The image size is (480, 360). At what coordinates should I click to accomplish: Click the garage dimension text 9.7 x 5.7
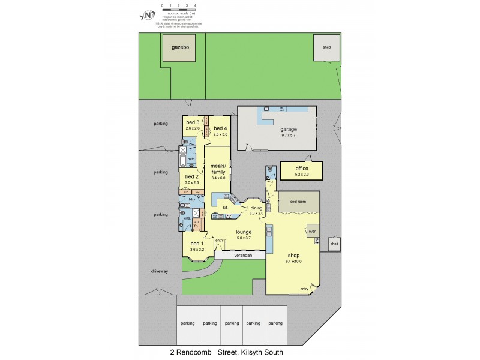tap(289, 135)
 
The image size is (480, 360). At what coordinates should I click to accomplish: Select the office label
tap(301, 169)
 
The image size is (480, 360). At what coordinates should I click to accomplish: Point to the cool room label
tap(298, 202)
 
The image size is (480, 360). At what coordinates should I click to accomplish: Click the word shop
tap(292, 254)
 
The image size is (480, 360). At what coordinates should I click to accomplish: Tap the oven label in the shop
tap(312, 230)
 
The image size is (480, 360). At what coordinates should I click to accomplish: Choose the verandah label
tap(240, 256)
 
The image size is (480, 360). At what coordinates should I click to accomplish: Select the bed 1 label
tap(197, 243)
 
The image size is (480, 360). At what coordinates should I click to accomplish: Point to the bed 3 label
tap(193, 122)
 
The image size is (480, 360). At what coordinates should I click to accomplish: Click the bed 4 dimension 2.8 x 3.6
tap(221, 134)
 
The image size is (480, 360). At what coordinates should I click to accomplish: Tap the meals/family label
tap(217, 169)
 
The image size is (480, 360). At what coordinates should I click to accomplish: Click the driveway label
tap(160, 271)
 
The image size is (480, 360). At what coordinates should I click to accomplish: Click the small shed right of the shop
tap(334, 244)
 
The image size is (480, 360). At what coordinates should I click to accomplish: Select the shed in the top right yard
tap(326, 47)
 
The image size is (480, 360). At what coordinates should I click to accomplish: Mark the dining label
tap(257, 208)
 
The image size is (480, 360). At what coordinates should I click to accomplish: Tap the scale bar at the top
tap(179, 7)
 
